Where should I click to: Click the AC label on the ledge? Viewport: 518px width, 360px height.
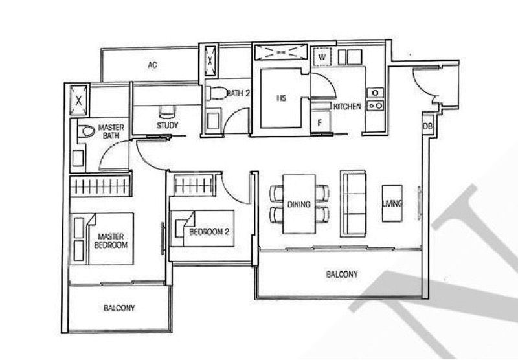coord(153,65)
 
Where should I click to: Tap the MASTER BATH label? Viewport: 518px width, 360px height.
coord(111,131)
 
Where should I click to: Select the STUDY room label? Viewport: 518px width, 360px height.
coord(167,125)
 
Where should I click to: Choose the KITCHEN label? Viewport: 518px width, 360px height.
coord(347,106)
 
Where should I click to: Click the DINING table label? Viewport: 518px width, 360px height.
coord(299,204)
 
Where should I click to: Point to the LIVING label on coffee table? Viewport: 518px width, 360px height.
coord(392,204)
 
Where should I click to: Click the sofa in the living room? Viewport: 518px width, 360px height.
coord(354,203)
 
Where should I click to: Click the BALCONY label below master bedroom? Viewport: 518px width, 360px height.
coord(119,309)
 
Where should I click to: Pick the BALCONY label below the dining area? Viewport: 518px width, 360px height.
coord(341,275)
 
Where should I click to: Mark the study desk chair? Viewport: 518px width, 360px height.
coord(166,111)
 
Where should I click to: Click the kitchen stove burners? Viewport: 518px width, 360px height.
coord(374,98)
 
